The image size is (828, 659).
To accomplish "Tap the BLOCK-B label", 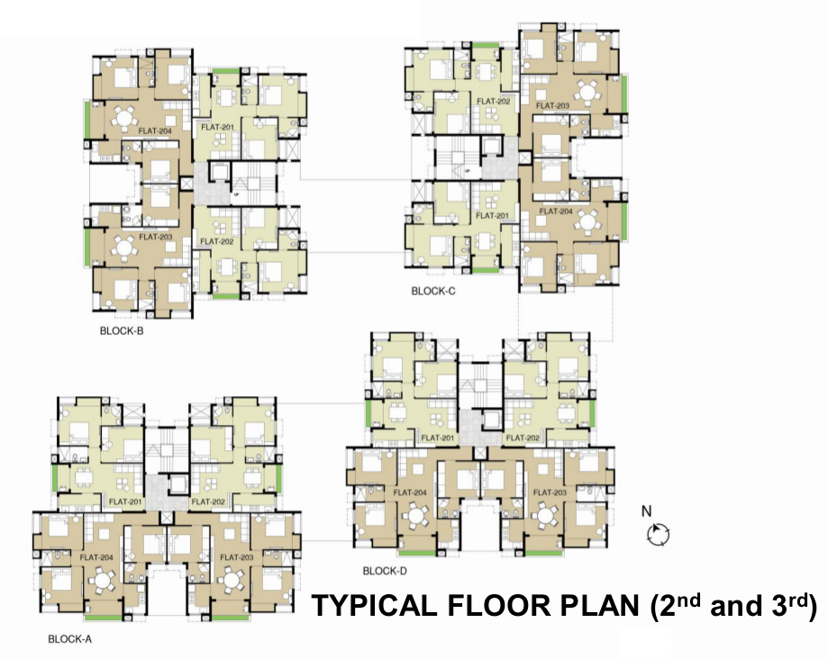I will [122, 330].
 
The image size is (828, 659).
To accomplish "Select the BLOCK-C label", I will [433, 291].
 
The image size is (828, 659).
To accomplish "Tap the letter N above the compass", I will [646, 511].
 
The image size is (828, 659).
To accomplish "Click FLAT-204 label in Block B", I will [155, 131].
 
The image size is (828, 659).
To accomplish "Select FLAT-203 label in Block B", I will [155, 237].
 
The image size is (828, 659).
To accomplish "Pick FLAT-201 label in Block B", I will [217, 127].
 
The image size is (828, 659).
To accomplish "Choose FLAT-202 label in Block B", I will [217, 241].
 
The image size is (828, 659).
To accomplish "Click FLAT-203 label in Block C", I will [552, 106].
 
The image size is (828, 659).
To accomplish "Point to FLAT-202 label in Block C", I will [494, 101].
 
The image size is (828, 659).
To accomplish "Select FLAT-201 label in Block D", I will [437, 438].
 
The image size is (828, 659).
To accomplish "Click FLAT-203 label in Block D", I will [550, 492].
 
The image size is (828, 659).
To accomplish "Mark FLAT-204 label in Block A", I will [96, 557].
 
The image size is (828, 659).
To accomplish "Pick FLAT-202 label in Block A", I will [209, 501].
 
